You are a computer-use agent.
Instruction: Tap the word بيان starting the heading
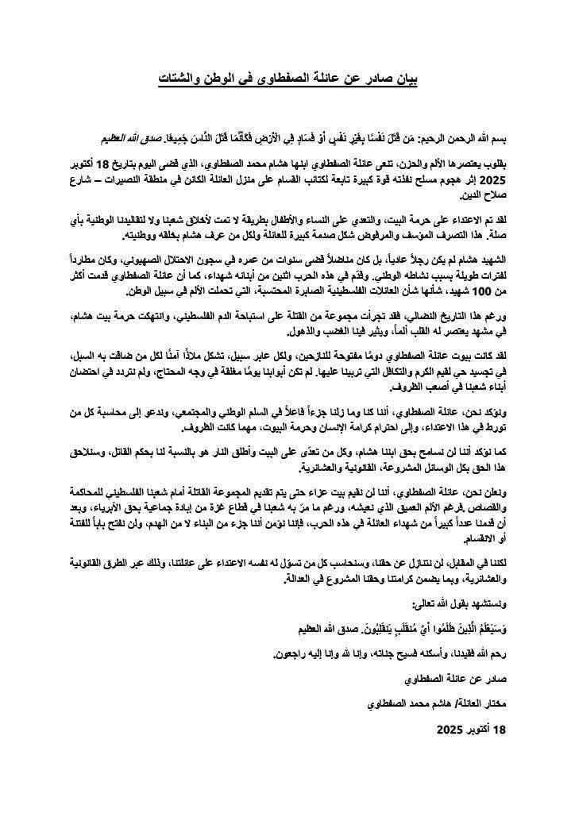[x=404, y=78]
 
